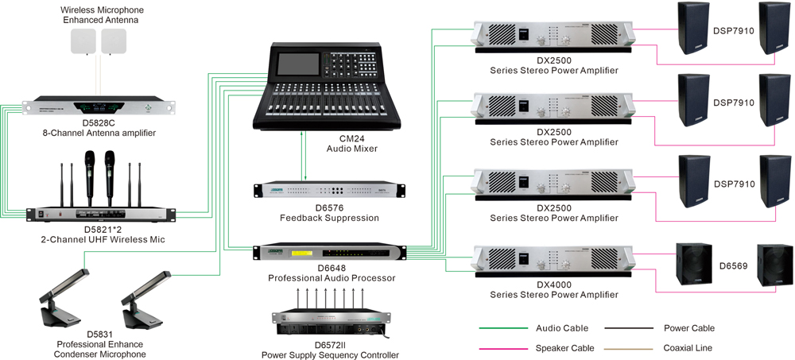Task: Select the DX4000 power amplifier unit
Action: coord(553,260)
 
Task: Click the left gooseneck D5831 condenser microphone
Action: coord(64,298)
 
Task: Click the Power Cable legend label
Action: coord(688,328)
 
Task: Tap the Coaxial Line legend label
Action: coord(688,347)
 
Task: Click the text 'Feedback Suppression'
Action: coord(329,218)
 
